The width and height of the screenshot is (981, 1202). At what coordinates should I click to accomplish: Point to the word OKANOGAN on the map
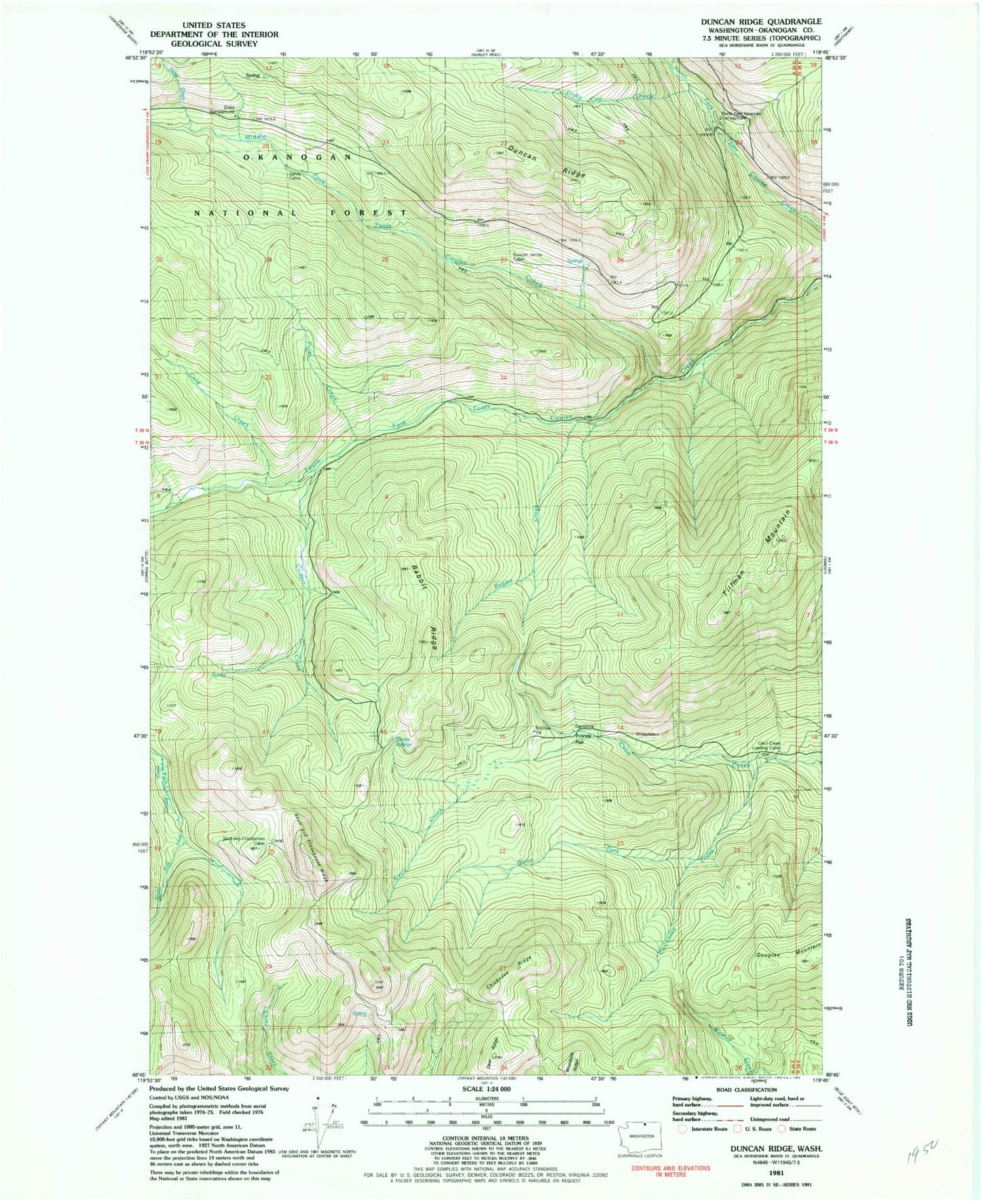297,157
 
